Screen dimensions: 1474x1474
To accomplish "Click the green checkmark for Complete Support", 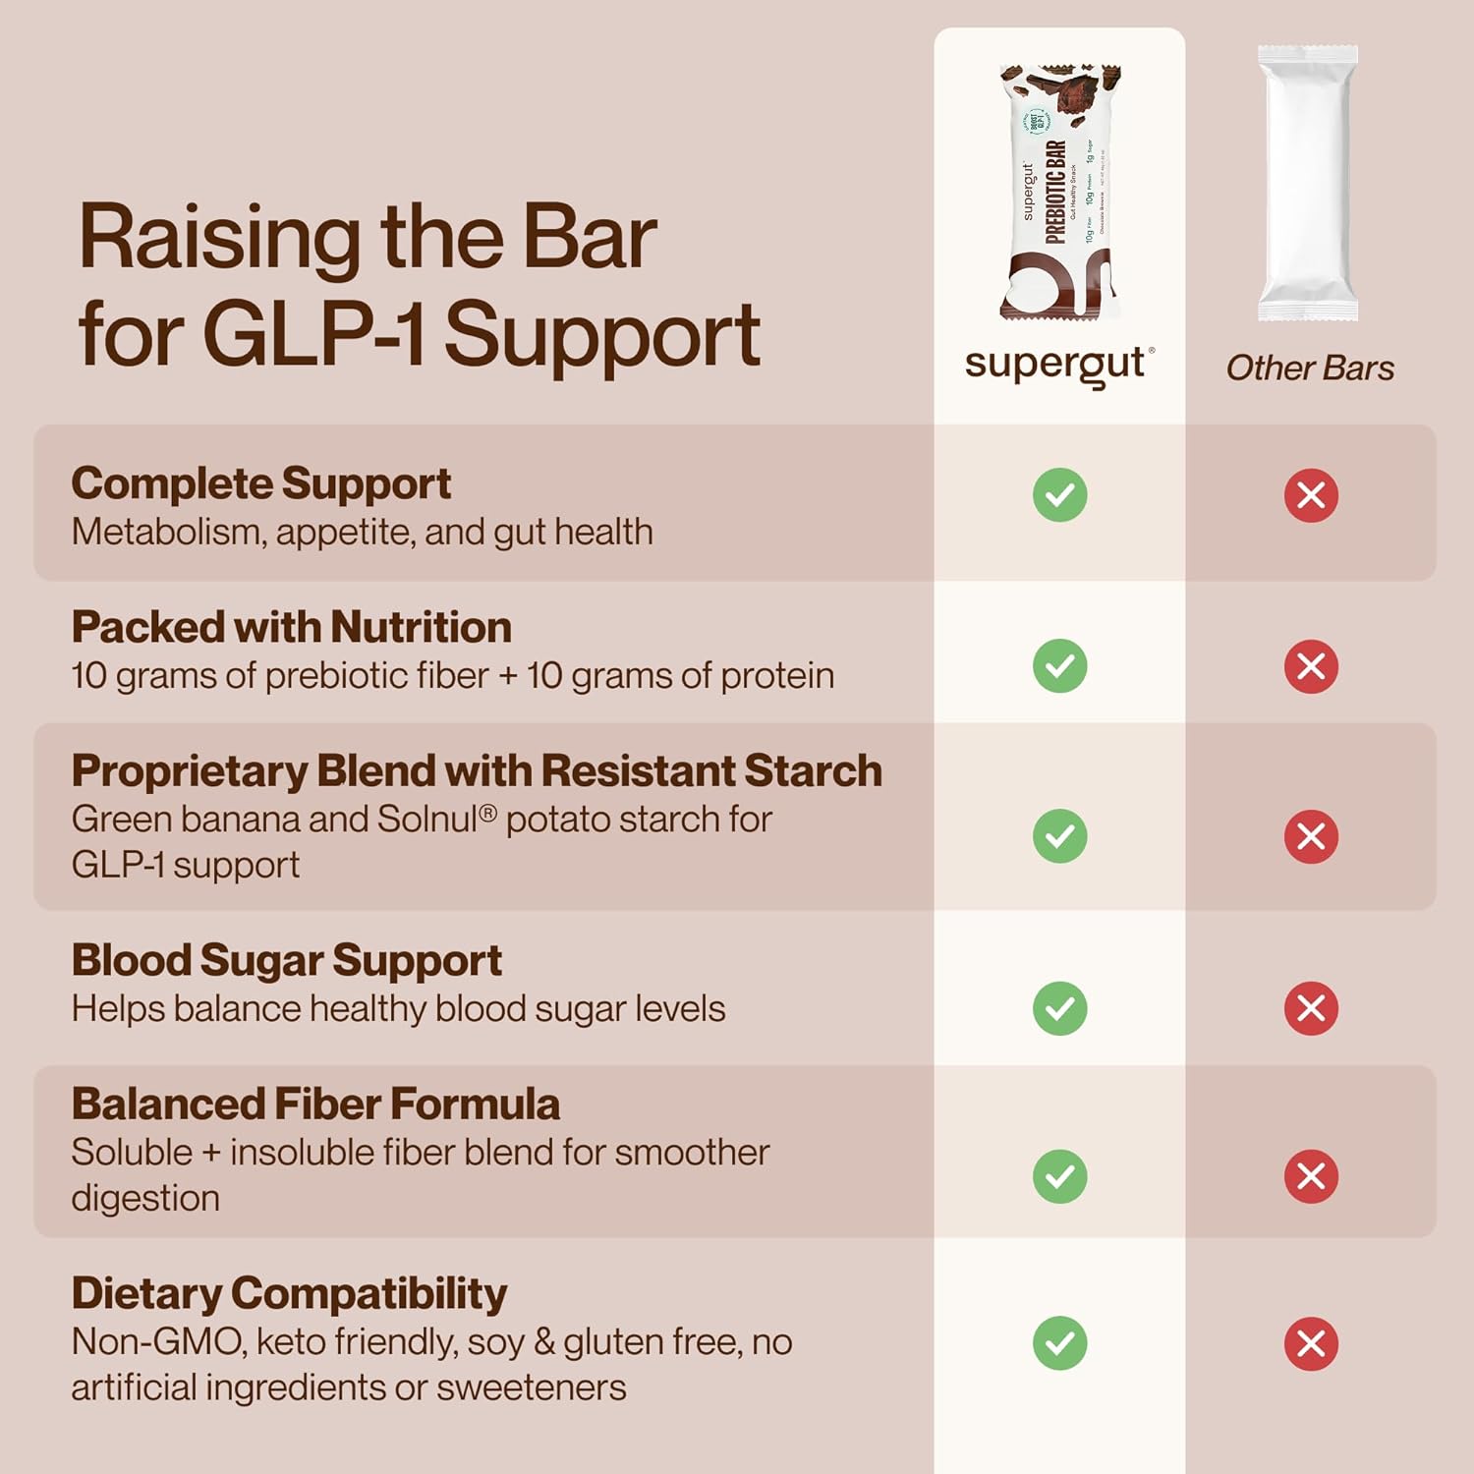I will pos(1059,495).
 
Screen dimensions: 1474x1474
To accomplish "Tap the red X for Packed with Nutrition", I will pos(1311,666).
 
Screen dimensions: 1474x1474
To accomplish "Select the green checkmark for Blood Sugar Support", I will pos(1059,1008).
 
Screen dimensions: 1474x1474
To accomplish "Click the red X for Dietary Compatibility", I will pos(1311,1343).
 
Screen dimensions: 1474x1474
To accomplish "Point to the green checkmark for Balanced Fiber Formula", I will pos(1059,1176).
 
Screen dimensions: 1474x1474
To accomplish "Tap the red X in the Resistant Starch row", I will pos(1311,836).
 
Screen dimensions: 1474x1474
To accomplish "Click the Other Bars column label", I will pos(1310,368).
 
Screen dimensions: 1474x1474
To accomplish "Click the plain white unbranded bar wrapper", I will pos(1308,184).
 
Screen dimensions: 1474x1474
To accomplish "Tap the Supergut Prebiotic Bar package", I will pos(1059,192).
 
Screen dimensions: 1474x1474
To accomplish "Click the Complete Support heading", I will pos(260,483).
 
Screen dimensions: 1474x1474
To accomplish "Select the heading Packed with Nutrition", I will pos(291,627).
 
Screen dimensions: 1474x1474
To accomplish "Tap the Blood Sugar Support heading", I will pos(286,960).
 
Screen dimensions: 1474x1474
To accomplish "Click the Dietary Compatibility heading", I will pos(289,1293).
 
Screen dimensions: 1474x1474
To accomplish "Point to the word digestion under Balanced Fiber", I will pos(145,1199).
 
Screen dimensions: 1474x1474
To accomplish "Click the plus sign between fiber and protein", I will pos(507,677).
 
